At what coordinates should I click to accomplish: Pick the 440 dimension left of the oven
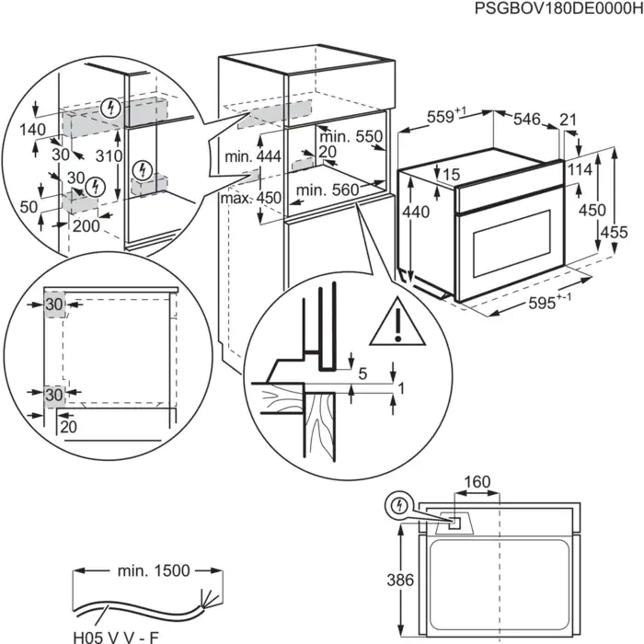417,212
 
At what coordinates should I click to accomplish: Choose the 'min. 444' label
251,158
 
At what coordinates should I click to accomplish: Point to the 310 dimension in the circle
109,156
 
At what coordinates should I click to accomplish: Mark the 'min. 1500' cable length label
153,571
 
